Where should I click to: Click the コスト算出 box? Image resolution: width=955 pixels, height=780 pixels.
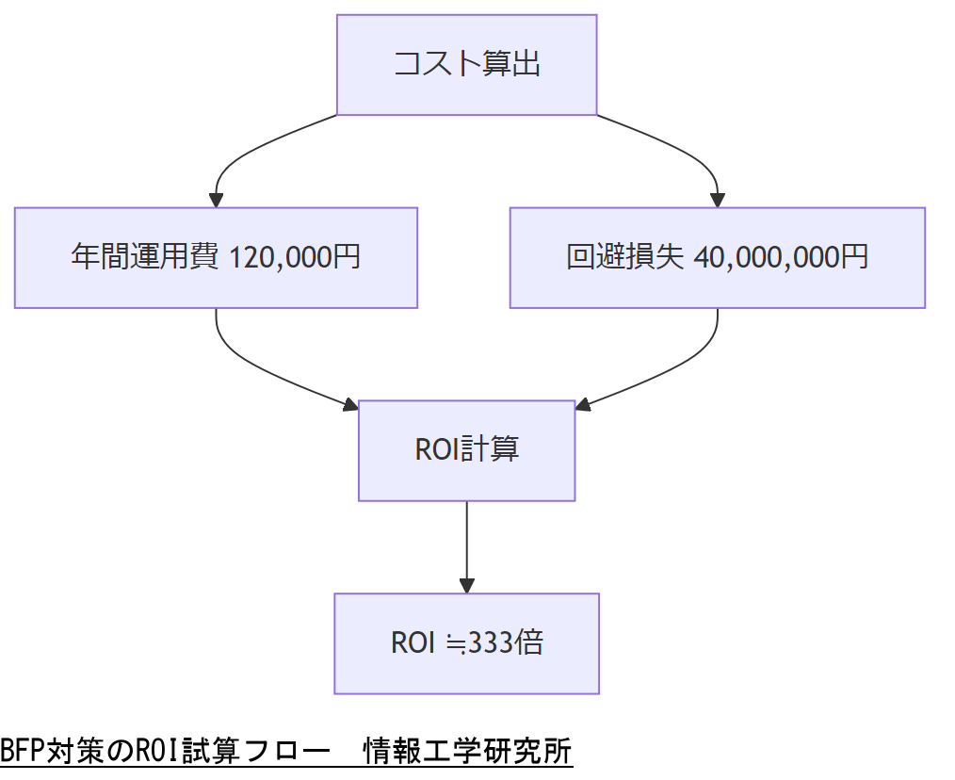[466, 65]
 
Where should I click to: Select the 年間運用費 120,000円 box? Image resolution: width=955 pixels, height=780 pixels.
[216, 257]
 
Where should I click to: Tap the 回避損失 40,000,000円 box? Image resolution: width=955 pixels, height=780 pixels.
[717, 257]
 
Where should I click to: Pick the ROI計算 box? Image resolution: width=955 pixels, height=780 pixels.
[466, 450]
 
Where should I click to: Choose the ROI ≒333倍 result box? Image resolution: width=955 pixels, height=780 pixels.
[466, 643]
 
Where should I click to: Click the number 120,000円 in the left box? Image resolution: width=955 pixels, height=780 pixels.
[295, 257]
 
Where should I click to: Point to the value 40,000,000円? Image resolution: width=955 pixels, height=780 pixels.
[781, 257]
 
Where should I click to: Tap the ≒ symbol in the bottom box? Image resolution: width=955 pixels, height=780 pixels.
[455, 644]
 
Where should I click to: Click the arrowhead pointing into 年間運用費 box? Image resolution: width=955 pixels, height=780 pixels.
[216, 200]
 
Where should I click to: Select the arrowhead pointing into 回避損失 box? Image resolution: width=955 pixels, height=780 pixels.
[717, 200]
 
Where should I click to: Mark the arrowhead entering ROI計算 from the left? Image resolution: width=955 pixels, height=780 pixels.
[350, 406]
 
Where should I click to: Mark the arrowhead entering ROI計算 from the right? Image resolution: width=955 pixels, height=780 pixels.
[583, 406]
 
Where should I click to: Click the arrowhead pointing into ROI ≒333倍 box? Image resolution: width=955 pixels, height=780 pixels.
[466, 585]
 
